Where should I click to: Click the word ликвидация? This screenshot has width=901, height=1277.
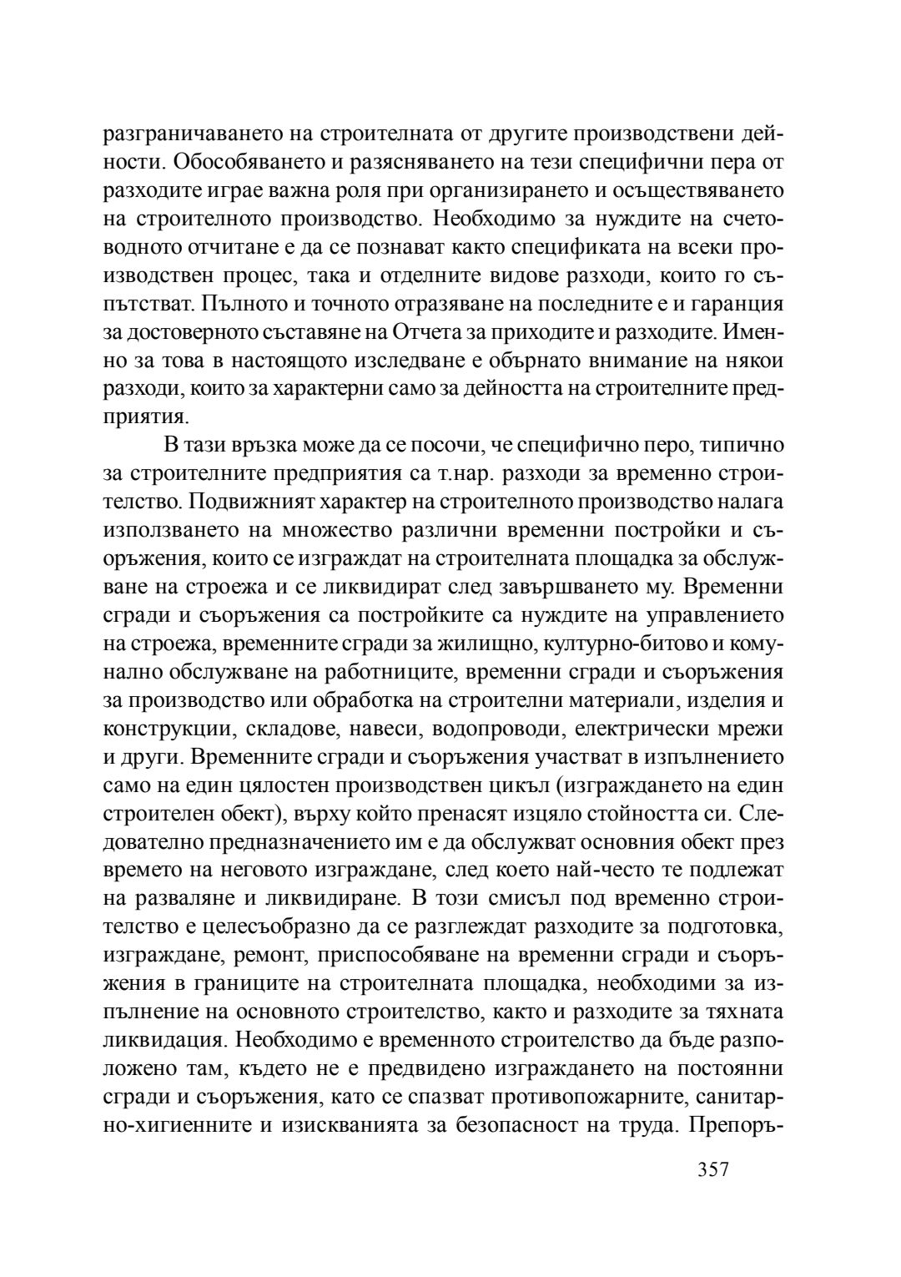[x=164, y=1041]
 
